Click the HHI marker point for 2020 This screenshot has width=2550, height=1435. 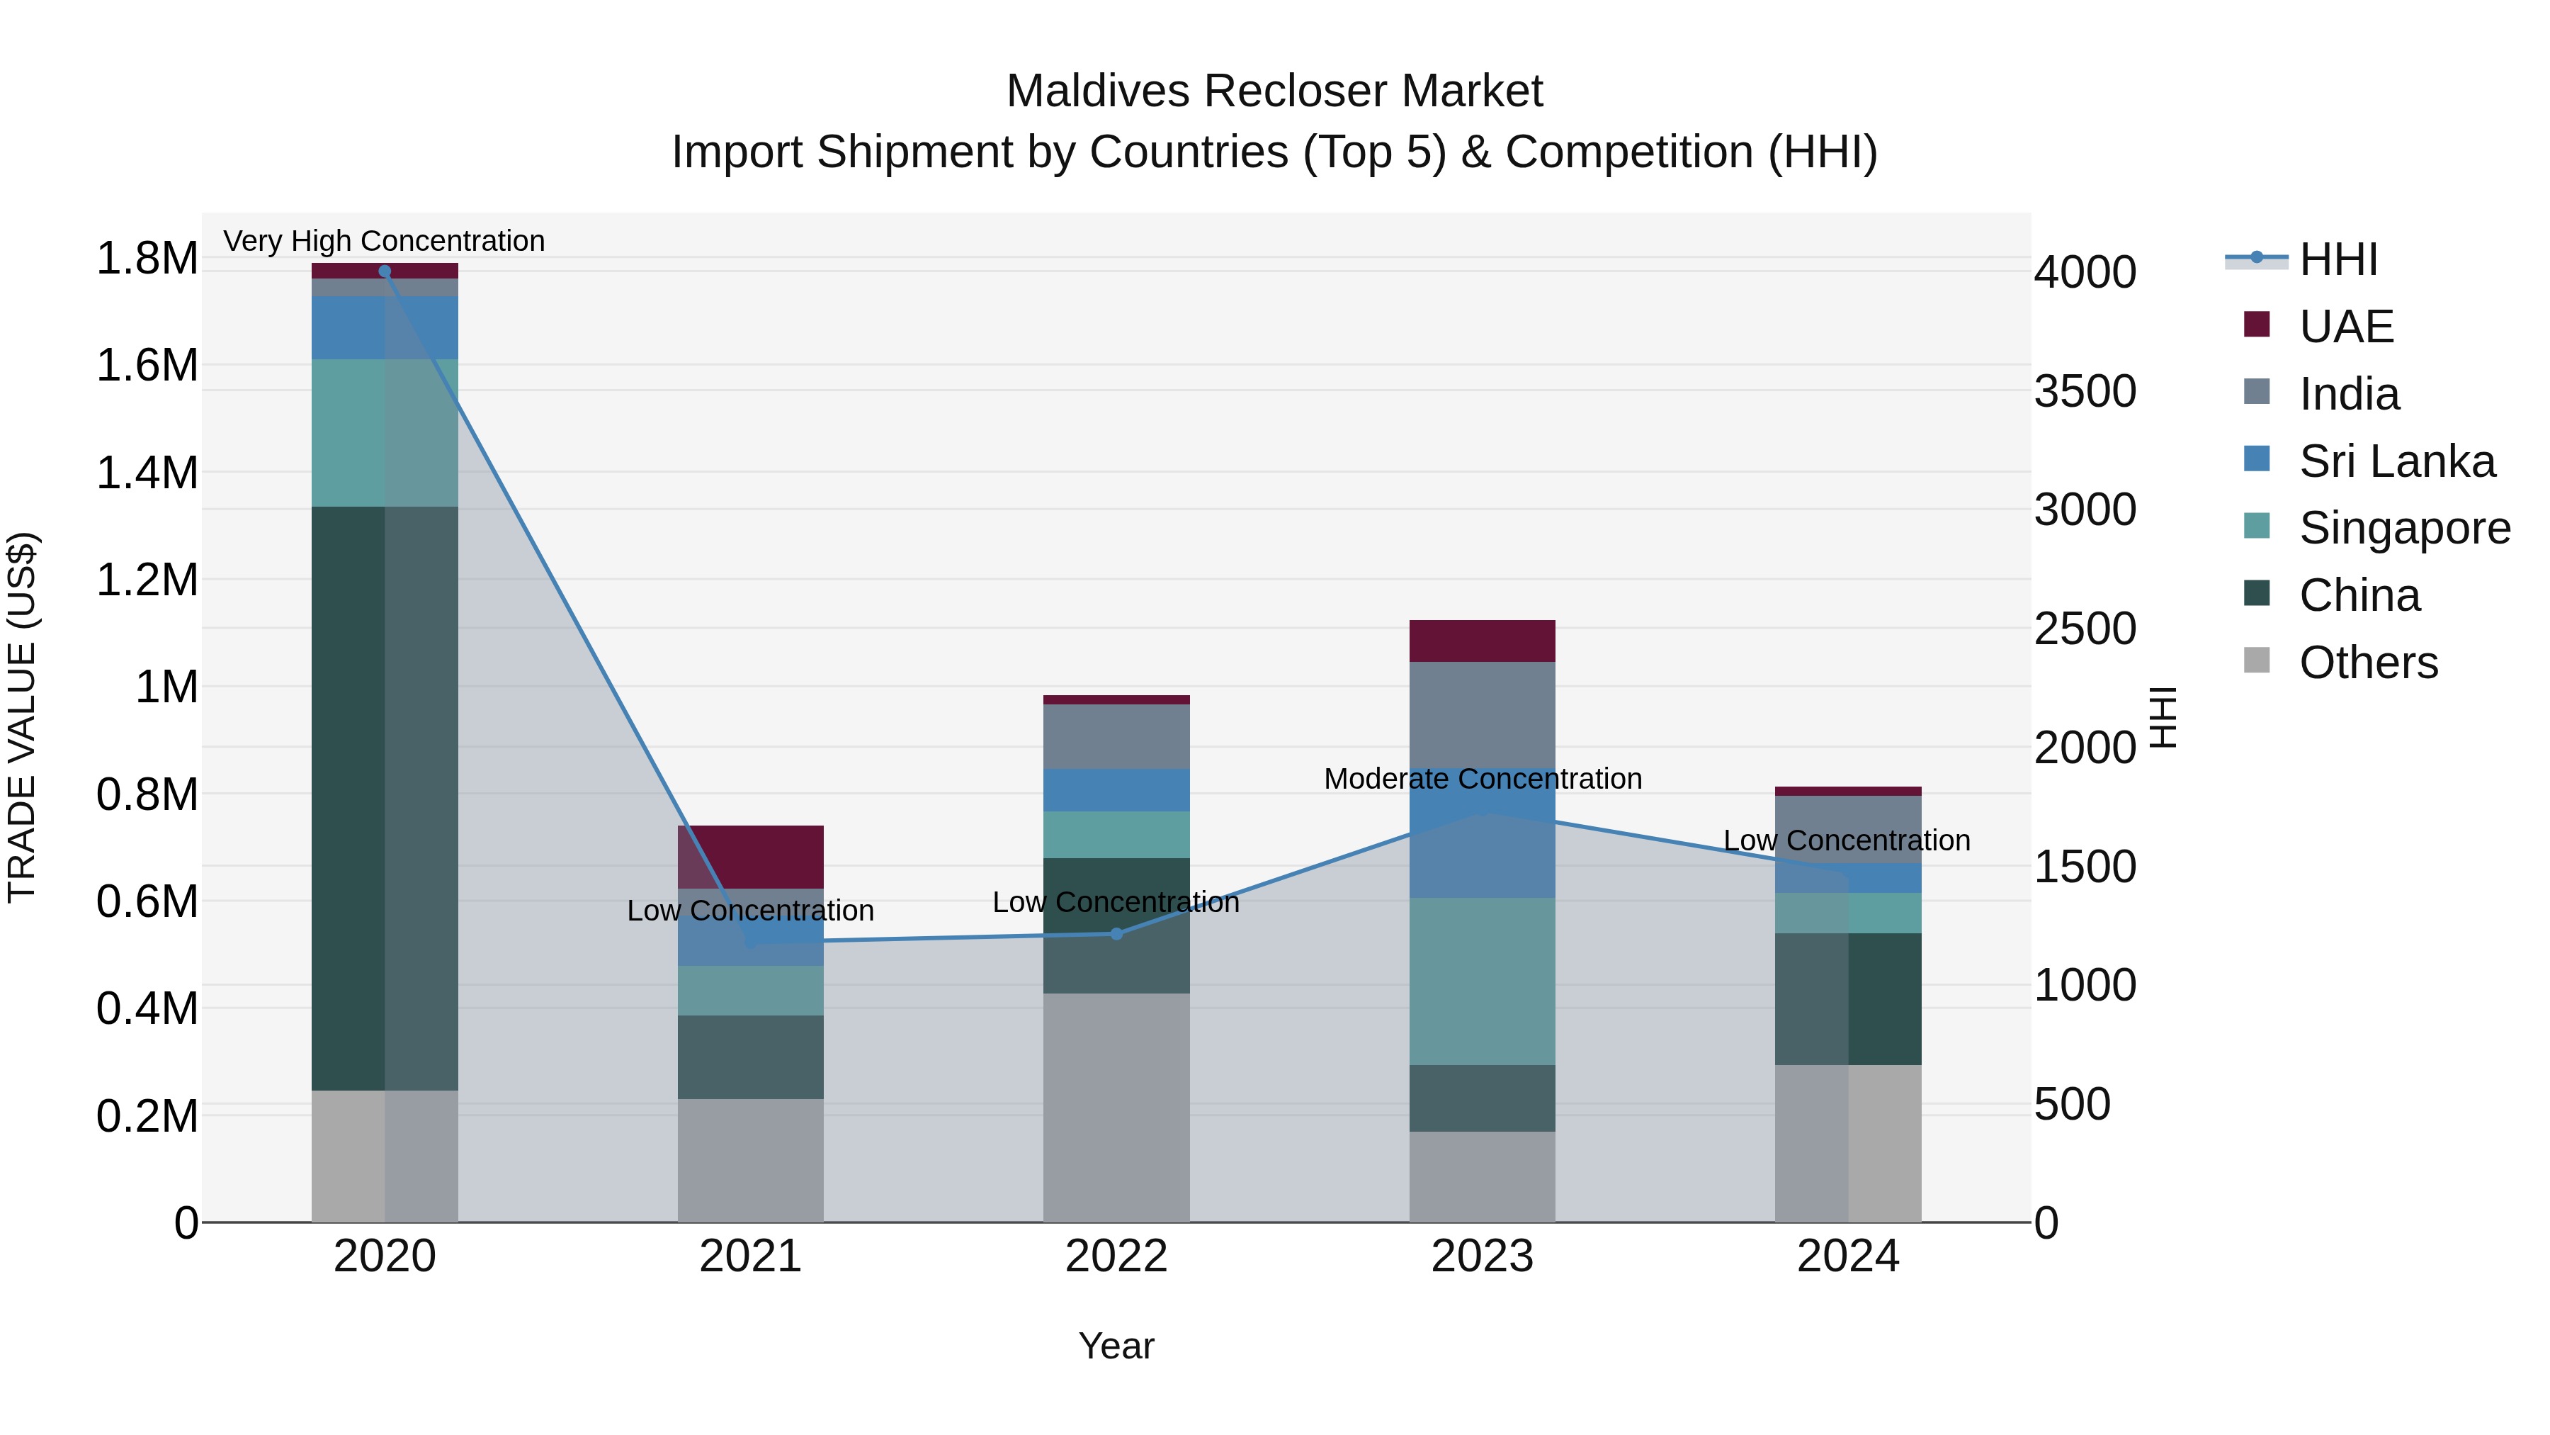[385, 271]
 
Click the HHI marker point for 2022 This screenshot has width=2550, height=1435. [1116, 934]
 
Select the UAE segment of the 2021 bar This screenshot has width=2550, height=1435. [750, 857]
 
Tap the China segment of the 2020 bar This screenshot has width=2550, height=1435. [385, 797]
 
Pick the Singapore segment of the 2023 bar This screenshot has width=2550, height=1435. [1482, 981]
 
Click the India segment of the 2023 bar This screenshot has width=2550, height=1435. [1482, 713]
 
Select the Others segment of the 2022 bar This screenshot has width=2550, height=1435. [1116, 1107]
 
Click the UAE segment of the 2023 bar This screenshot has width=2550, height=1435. [1482, 641]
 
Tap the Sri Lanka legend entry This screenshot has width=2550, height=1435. [2396, 461]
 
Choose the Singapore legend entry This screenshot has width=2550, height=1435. [2403, 528]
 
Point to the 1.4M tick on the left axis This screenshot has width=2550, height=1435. [147, 473]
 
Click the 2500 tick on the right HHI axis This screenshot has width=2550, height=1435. [2085, 629]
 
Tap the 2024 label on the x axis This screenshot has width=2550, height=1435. [1847, 1256]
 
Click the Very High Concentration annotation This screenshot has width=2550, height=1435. [384, 241]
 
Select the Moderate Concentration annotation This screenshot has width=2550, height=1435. [1482, 778]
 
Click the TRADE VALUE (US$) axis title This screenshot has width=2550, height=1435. [22, 717]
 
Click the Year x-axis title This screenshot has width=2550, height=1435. [1116, 1346]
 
